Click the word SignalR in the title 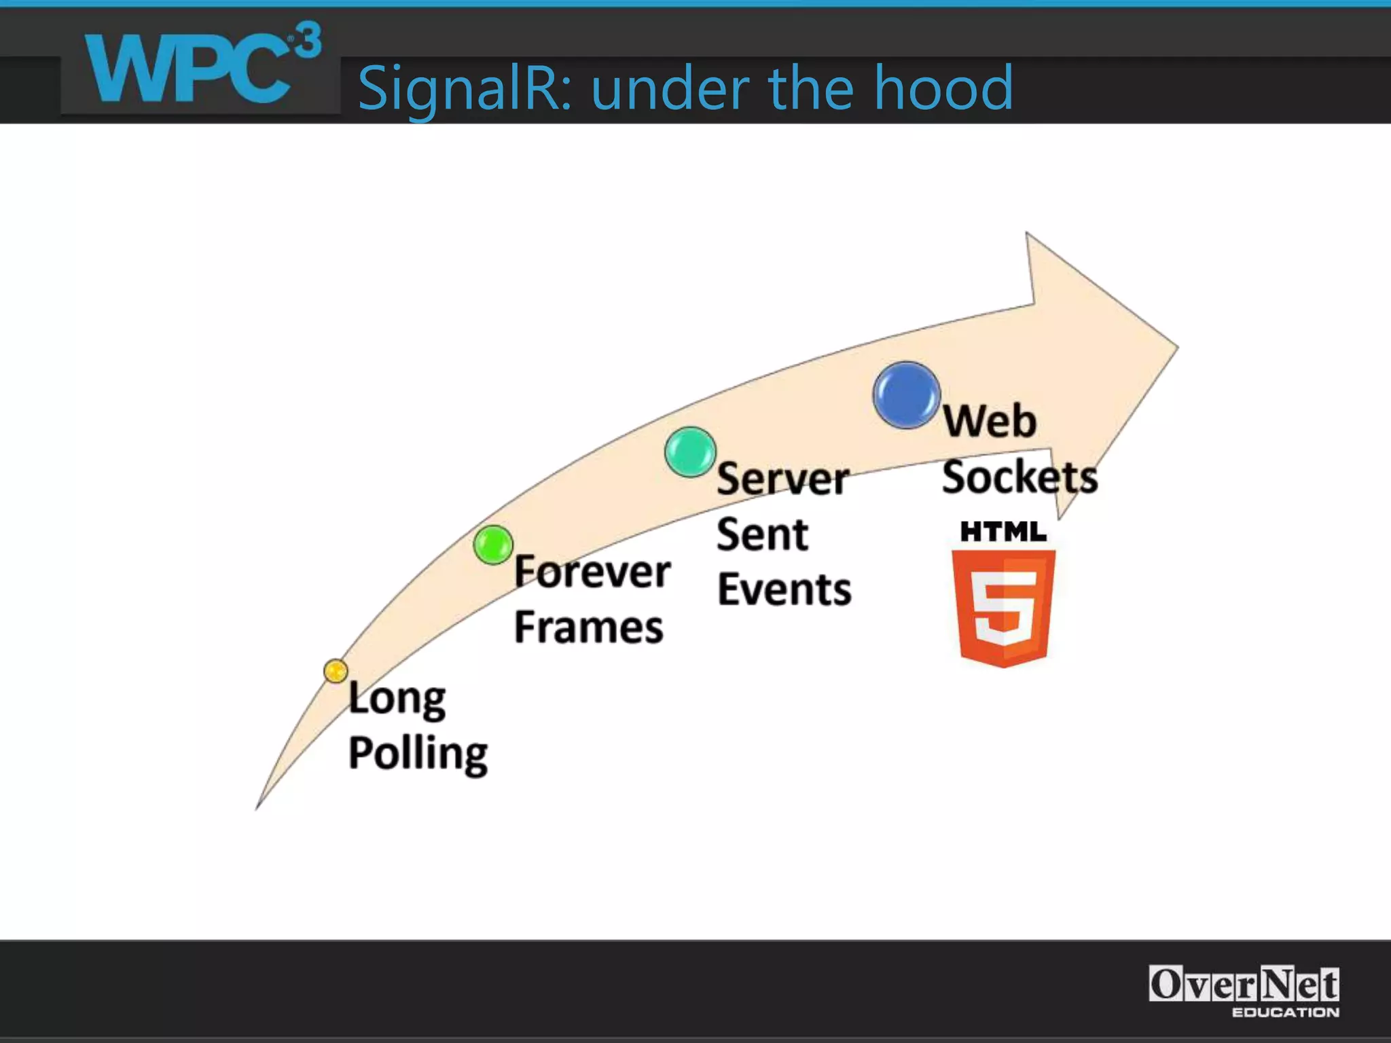(x=464, y=88)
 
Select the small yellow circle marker (x=336, y=671)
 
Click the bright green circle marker (x=493, y=545)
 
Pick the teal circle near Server (x=690, y=452)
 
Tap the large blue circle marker (x=906, y=395)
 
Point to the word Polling (x=418, y=754)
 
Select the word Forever (x=592, y=572)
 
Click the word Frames (x=588, y=627)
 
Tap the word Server (x=782, y=479)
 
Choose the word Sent (x=762, y=534)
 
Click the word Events (x=784, y=589)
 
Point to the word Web (x=989, y=421)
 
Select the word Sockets (x=1019, y=477)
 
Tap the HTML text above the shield (x=1003, y=532)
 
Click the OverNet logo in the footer (x=1244, y=990)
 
